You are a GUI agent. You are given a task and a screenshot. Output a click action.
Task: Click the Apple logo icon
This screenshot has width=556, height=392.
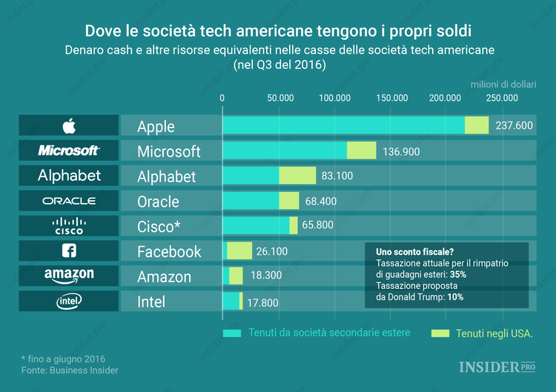[69, 125]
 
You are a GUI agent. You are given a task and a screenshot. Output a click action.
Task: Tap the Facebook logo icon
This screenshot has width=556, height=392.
[69, 251]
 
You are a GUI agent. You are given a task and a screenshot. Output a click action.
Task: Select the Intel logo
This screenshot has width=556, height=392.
[69, 302]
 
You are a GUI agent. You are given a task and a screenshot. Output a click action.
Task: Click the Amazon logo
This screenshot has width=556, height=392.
[69, 276]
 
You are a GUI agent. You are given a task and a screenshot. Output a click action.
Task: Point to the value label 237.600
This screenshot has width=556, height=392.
[514, 126]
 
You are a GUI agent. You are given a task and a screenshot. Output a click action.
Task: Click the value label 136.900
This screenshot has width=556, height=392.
[401, 151]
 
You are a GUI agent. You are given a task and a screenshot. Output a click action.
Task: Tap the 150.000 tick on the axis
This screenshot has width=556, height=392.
[391, 98]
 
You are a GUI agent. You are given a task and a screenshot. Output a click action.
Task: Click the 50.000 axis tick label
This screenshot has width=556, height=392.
[279, 98]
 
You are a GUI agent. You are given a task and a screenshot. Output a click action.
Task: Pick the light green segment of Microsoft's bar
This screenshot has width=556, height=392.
[361, 151]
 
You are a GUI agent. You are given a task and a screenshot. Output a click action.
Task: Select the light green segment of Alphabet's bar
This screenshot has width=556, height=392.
[297, 176]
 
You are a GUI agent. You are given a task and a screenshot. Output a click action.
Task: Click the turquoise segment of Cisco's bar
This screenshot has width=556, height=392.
[256, 226]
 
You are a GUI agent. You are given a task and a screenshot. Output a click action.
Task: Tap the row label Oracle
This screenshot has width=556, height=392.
[158, 202]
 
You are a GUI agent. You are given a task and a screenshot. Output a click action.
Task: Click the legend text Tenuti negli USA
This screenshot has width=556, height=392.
[494, 333]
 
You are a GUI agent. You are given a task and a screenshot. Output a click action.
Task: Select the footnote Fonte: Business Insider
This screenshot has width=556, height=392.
[70, 370]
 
